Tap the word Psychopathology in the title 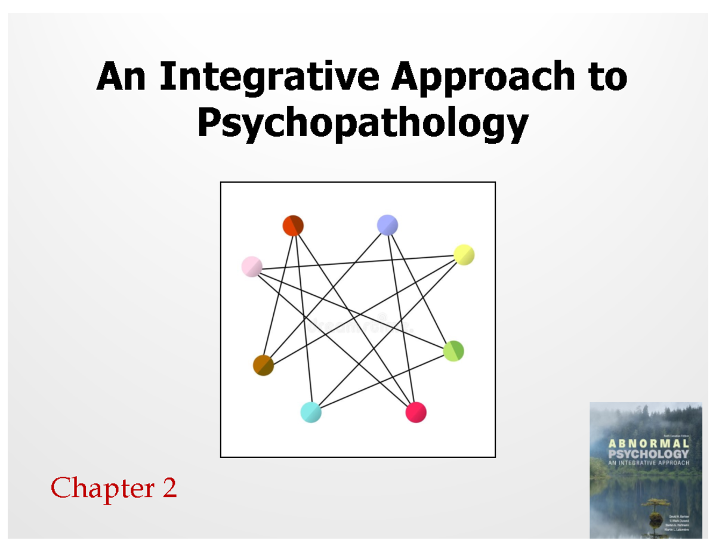pyautogui.click(x=362, y=124)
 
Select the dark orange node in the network pyautogui.click(x=293, y=225)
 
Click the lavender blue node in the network pyautogui.click(x=388, y=224)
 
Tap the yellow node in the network pyautogui.click(x=464, y=255)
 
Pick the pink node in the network pyautogui.click(x=252, y=266)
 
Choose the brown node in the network pyautogui.click(x=263, y=364)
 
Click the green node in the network pyautogui.click(x=453, y=350)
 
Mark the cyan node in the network pyautogui.click(x=311, y=412)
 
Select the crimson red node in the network pyautogui.click(x=416, y=412)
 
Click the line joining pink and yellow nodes pyautogui.click(x=358, y=261)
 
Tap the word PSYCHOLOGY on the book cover pyautogui.click(x=648, y=453)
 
